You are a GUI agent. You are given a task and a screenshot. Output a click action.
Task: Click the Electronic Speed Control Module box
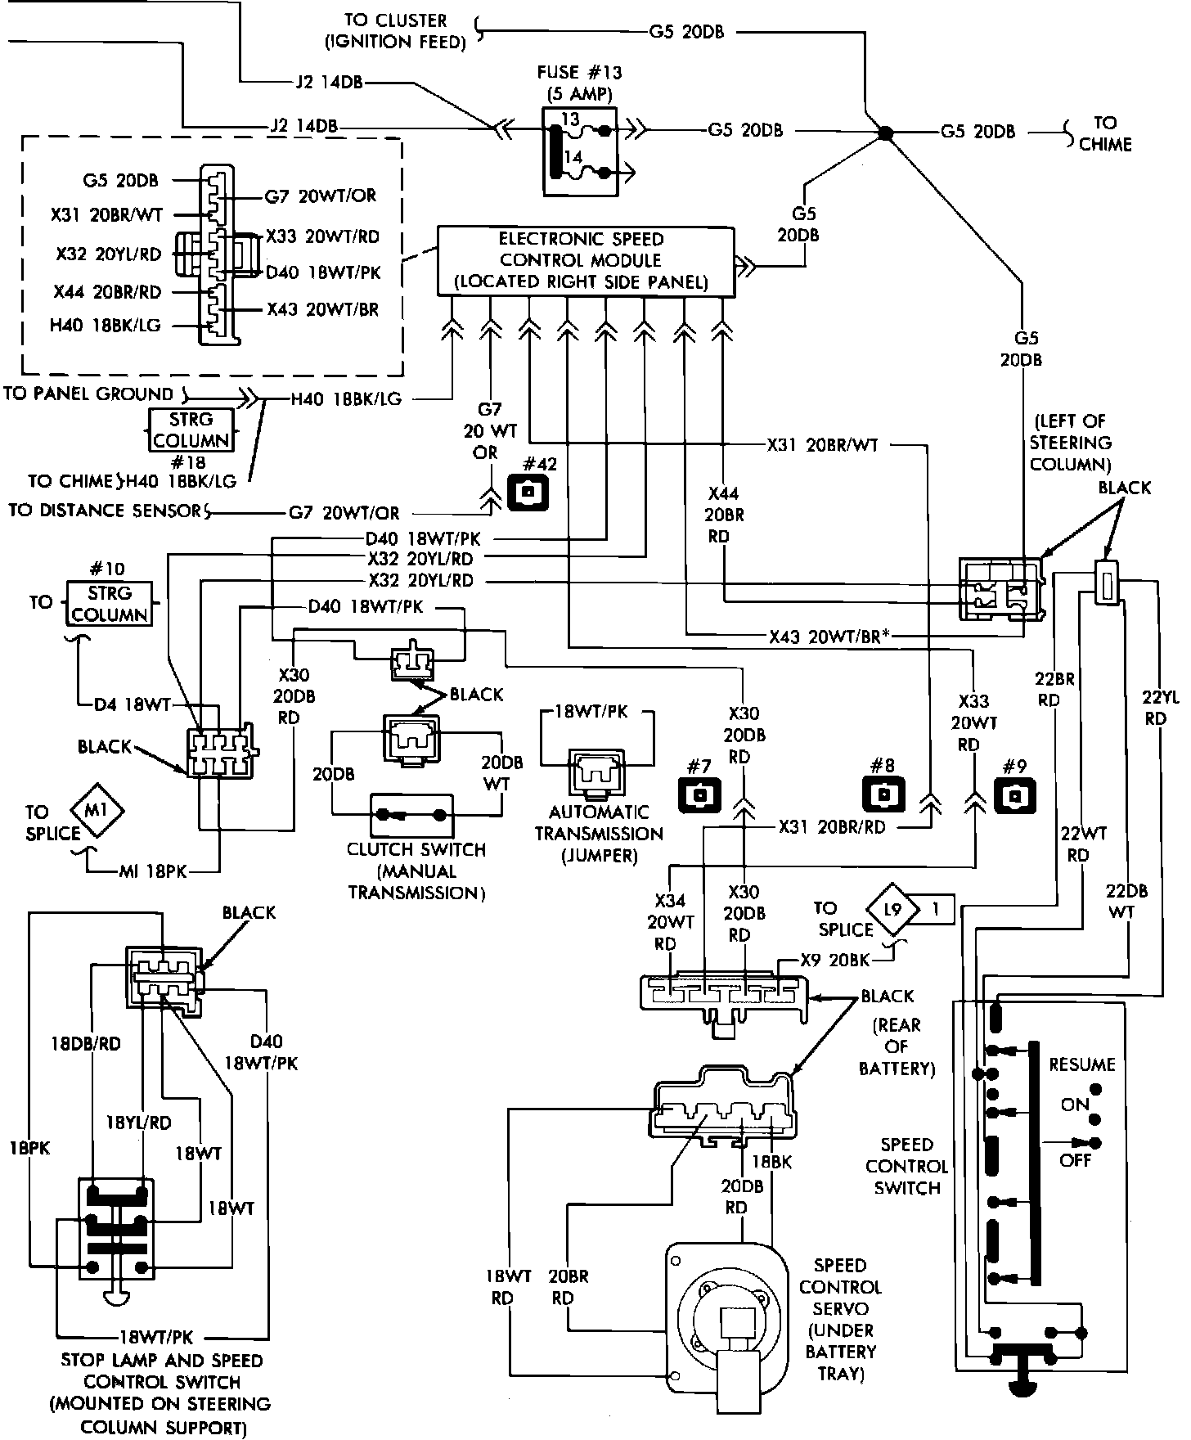[586, 261]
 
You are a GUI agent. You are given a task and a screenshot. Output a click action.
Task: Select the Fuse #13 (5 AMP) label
[578, 83]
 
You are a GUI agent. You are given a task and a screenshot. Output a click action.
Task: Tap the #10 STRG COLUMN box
[109, 604]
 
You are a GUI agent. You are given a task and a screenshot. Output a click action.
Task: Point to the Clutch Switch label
[416, 871]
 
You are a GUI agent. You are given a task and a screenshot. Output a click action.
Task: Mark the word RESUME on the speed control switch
[1082, 1064]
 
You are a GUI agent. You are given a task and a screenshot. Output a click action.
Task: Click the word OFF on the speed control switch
[1075, 1160]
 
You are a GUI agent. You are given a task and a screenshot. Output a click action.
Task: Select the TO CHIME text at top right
[1105, 133]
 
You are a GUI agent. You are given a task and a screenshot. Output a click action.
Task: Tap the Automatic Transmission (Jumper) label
[599, 834]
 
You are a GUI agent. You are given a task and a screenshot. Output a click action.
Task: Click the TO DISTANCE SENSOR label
[105, 511]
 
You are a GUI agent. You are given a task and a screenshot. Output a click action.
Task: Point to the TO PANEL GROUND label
[88, 394]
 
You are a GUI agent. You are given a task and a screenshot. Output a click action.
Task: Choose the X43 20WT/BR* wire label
[829, 637]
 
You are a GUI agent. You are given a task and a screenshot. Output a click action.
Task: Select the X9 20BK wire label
[834, 961]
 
